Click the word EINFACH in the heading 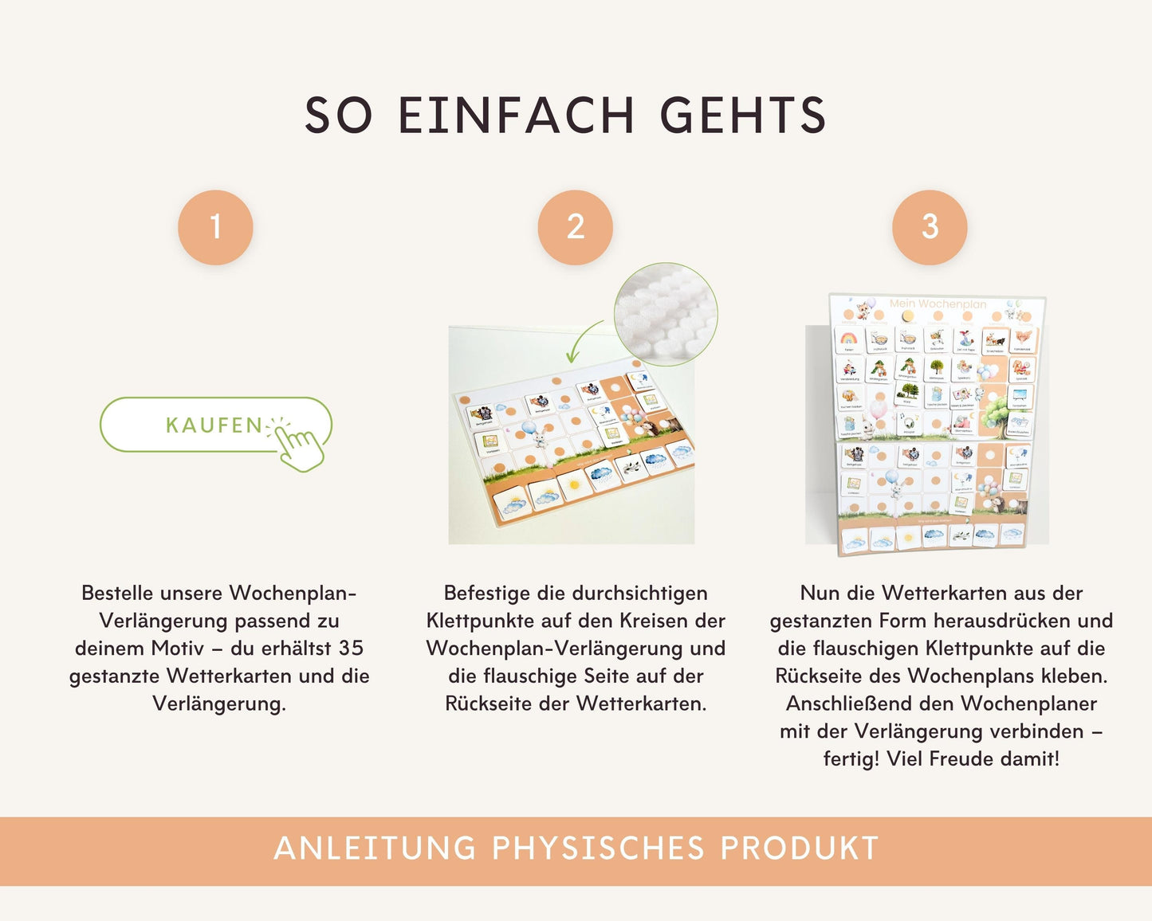point(516,116)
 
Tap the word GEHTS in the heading point(743,116)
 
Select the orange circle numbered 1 point(215,227)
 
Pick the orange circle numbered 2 point(576,227)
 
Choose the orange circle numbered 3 point(930,227)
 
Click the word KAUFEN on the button point(214,425)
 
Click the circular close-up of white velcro point(666,314)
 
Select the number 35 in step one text point(351,648)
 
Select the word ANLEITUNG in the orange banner point(375,848)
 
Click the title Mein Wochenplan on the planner point(938,304)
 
